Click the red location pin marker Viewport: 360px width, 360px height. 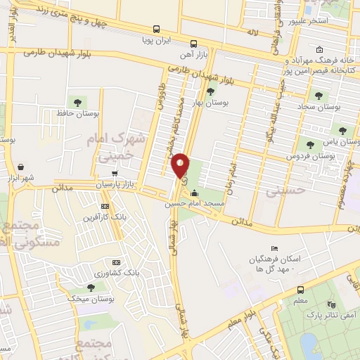(181, 165)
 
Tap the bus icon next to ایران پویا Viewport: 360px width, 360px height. (155, 30)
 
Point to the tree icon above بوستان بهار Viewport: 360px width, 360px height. (210, 92)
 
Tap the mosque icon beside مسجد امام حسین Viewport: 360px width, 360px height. (195, 194)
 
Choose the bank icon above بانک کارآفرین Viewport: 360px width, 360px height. (105, 206)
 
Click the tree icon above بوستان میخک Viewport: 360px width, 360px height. (91, 287)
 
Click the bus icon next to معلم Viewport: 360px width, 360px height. (301, 289)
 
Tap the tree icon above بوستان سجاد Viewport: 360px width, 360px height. (319, 96)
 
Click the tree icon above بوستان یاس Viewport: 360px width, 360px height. (342, 130)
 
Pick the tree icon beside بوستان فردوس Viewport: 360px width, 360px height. (310, 144)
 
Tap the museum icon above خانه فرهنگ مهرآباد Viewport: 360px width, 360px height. (320, 49)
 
